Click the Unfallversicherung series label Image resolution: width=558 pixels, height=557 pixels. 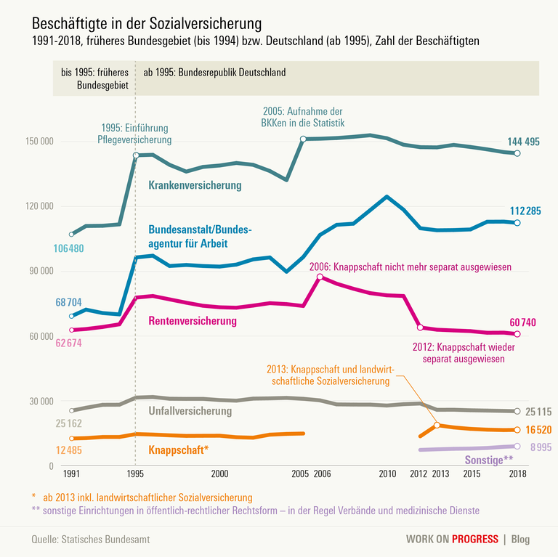pos(190,412)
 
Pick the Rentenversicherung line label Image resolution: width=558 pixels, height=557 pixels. pos(193,320)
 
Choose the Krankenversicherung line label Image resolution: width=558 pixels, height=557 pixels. pos(195,186)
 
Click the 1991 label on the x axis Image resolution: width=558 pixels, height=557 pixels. pos(71,473)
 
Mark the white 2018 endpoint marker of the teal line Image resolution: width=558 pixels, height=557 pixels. pos(517,153)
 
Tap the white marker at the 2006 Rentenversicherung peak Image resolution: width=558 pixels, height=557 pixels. pos(320,277)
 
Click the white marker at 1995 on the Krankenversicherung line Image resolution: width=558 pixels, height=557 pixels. pos(136,155)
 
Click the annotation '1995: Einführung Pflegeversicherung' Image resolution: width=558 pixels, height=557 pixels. pos(136,134)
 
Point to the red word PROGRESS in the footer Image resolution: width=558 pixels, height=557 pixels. pos(475,539)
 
